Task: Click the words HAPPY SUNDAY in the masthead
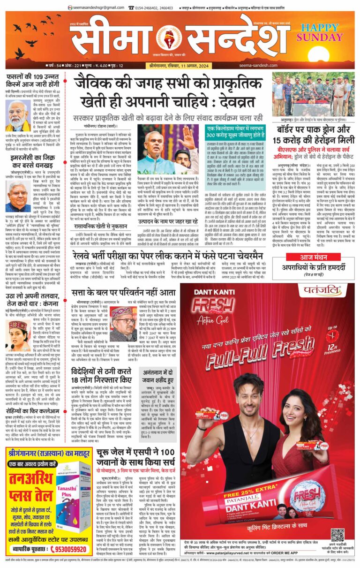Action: point(323,32)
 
